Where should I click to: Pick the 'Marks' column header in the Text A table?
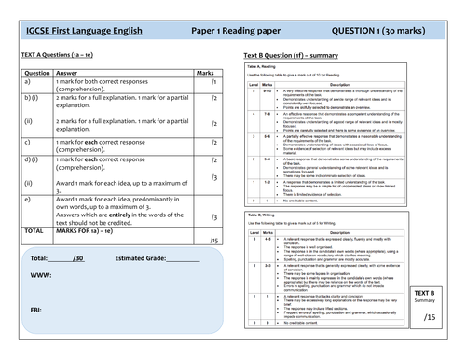205,70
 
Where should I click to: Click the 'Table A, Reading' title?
272,70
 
